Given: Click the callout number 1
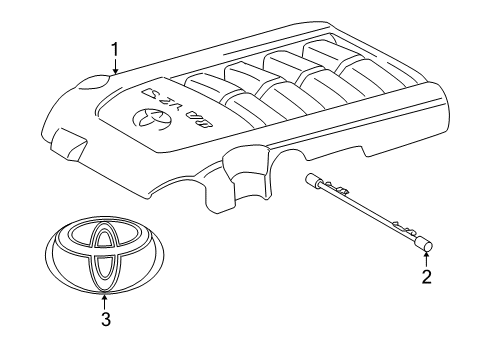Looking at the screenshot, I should [x=115, y=49].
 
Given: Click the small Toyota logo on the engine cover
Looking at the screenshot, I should [x=148, y=122].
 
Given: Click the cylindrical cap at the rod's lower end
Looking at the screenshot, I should [x=422, y=239].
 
